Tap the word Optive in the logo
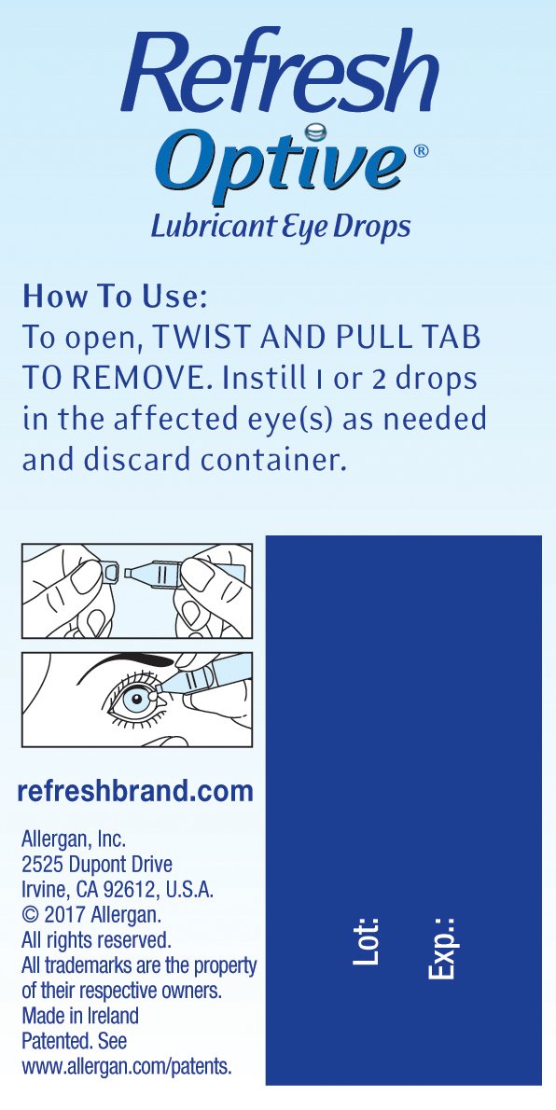pos(285,160)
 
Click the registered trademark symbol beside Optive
pos(421,151)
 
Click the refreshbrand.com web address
pos(134,791)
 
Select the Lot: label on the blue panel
pos(367,941)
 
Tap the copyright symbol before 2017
pos(31,914)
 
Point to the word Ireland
pos(113,1016)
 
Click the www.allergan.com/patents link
pos(127,1067)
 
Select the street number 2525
pos(40,864)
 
